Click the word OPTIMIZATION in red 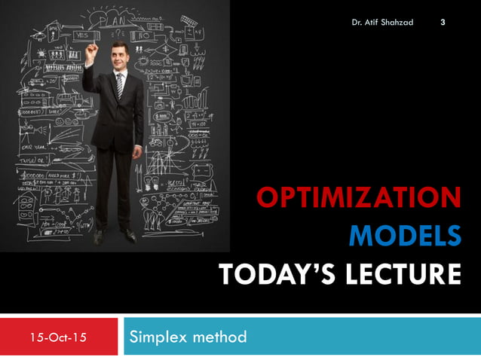click(359, 198)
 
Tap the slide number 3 click(443, 21)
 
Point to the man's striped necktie click(119, 85)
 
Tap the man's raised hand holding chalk click(91, 50)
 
